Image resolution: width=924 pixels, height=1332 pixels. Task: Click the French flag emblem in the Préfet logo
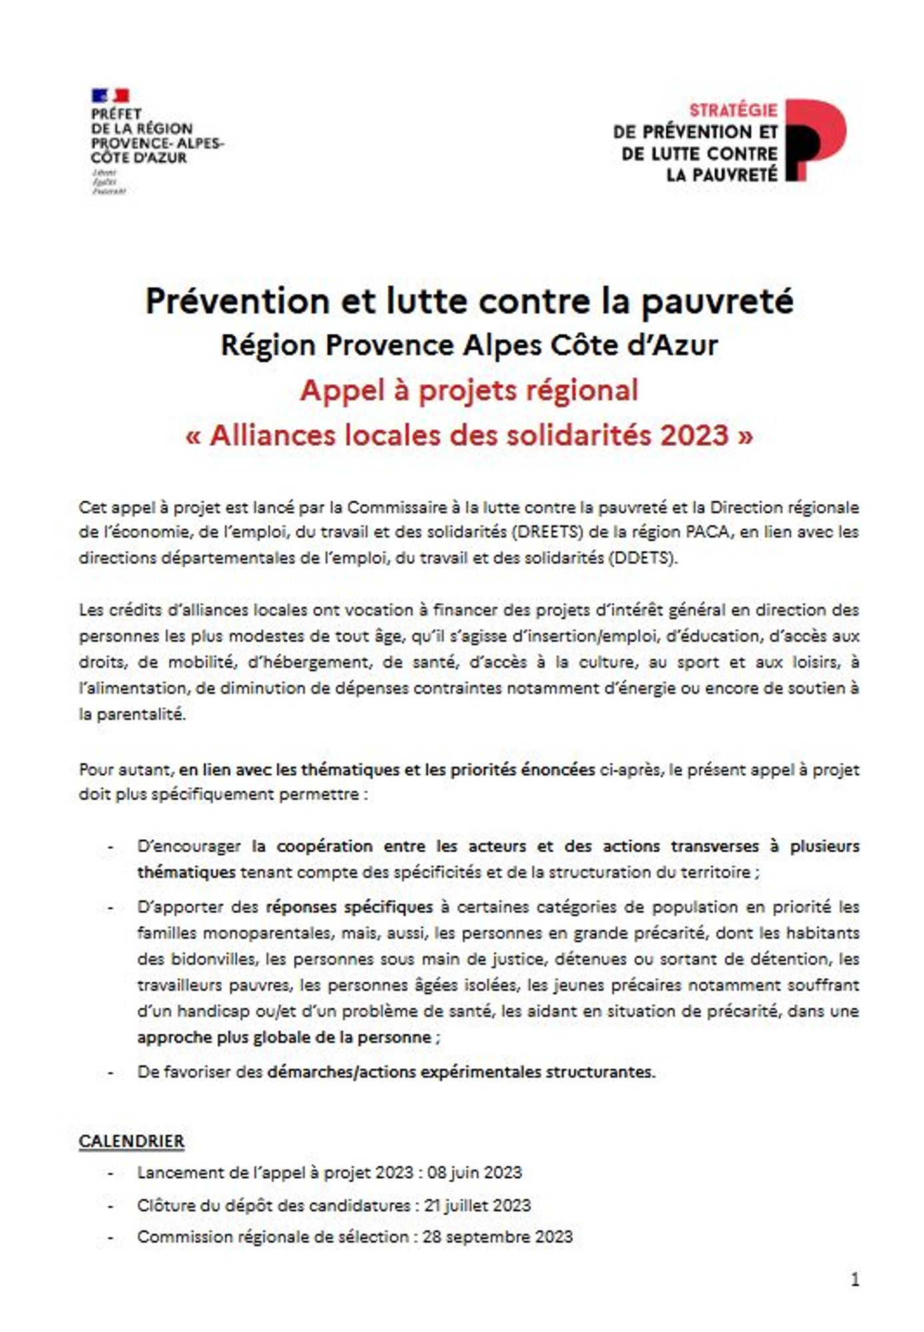(110, 96)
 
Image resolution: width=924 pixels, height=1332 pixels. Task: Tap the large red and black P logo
(815, 140)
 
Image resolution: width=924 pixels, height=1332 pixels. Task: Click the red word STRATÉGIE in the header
(733, 111)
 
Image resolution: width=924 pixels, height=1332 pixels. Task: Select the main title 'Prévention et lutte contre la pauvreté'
(469, 301)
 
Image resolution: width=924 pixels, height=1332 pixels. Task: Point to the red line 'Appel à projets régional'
(469, 390)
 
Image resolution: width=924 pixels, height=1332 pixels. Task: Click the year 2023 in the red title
(695, 436)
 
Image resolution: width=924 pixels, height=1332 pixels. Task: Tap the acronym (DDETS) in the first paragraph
(642, 558)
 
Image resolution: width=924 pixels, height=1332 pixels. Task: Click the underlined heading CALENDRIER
(131, 1141)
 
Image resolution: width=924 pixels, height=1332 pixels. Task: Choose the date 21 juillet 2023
(478, 1205)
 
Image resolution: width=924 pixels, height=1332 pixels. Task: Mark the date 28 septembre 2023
(498, 1237)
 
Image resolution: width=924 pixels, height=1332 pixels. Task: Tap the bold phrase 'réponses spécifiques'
(349, 907)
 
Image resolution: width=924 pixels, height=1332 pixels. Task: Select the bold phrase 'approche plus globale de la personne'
(284, 1037)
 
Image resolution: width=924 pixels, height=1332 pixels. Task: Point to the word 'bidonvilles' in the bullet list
(214, 959)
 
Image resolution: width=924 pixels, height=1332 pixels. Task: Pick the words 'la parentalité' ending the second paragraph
(132, 715)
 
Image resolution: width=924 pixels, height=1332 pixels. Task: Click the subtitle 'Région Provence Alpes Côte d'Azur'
(469, 345)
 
